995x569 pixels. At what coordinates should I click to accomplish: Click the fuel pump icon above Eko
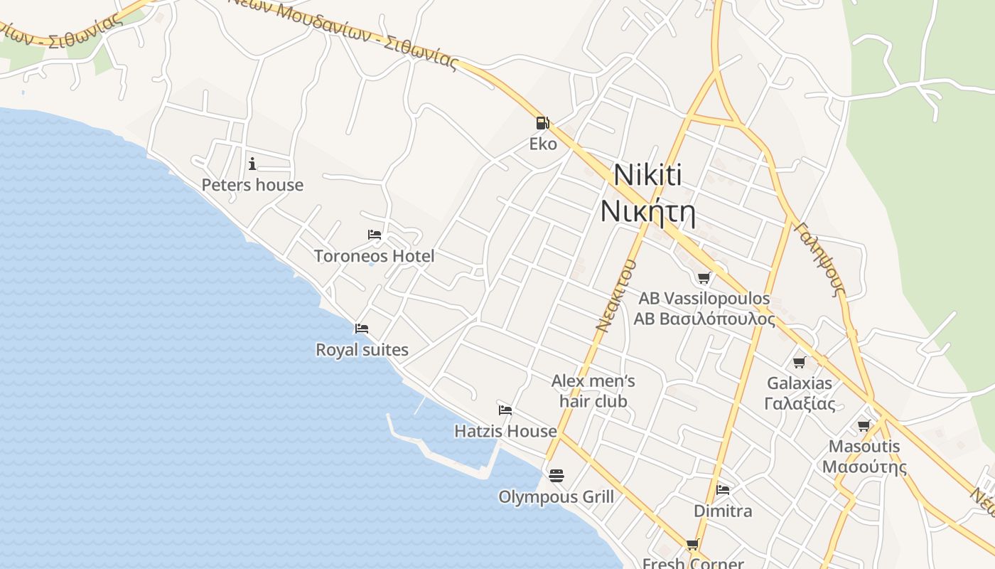[543, 123]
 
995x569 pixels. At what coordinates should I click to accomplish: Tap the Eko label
[543, 144]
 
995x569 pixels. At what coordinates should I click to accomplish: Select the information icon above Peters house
[252, 164]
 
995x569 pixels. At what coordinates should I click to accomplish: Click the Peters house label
[252, 185]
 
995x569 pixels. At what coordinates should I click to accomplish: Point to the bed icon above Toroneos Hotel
[375, 235]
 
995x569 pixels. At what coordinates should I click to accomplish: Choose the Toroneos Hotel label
[375, 256]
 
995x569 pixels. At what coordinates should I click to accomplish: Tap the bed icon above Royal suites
[362, 329]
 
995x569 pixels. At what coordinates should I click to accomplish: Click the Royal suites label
[362, 350]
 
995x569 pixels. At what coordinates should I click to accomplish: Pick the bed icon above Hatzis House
[505, 410]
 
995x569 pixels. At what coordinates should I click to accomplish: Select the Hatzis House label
[505, 431]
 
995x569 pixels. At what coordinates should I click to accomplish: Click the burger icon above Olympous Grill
[556, 474]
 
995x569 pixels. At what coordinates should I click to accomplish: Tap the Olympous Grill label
[556, 496]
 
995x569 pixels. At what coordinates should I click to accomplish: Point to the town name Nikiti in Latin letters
[647, 175]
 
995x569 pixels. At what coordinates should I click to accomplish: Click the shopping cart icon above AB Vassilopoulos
[704, 277]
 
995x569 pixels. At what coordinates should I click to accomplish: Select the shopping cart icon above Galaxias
[800, 363]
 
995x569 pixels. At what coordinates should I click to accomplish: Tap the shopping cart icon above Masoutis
[864, 426]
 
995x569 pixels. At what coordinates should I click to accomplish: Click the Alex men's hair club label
[593, 391]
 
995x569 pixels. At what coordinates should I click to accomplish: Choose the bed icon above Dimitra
[723, 490]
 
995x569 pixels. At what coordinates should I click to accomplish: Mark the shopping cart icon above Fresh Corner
[693, 545]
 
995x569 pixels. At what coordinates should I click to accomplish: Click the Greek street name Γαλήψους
[821, 259]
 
